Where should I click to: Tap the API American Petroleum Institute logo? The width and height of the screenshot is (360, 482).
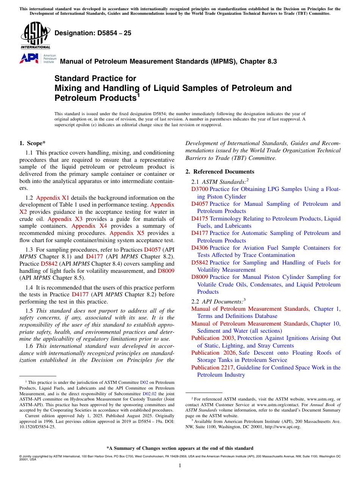(x=38, y=58)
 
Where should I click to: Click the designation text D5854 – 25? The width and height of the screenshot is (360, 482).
(x=93, y=33)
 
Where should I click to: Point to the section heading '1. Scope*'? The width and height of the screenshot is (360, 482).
(x=32, y=143)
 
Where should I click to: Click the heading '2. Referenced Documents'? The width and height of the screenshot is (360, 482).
(x=220, y=172)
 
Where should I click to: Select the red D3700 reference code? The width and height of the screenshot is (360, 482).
(x=199, y=189)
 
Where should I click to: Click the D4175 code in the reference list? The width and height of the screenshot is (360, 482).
(x=199, y=219)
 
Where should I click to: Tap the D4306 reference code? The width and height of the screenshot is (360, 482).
(x=199, y=248)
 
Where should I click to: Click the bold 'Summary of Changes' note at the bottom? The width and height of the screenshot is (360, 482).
(x=180, y=448)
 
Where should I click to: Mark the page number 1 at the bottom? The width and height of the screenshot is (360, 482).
(x=180, y=466)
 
